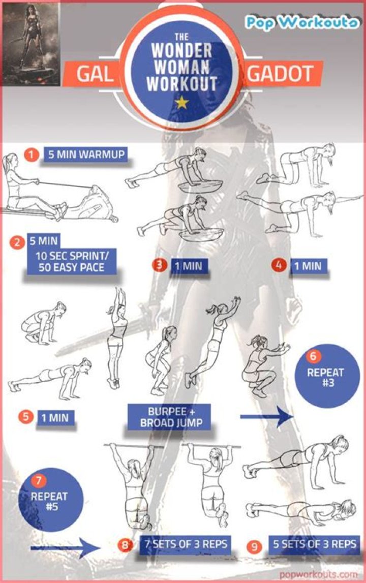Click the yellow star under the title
click(x=181, y=103)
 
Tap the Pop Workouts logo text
click(x=301, y=22)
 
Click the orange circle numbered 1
click(x=32, y=155)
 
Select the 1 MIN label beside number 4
click(x=309, y=266)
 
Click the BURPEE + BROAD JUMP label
click(x=169, y=417)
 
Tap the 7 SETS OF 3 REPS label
click(x=186, y=544)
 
